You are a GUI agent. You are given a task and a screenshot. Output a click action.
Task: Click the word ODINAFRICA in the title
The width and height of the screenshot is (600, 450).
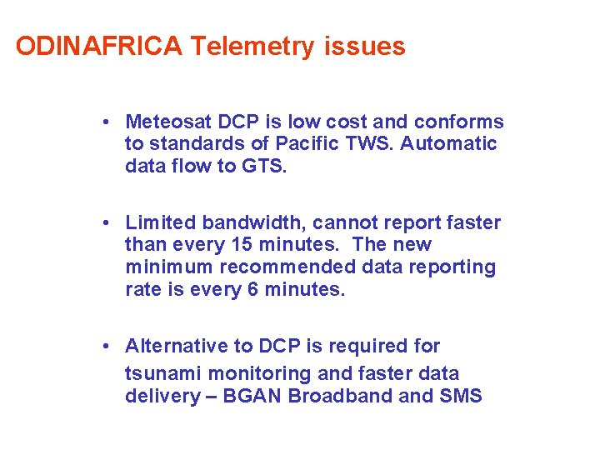98,47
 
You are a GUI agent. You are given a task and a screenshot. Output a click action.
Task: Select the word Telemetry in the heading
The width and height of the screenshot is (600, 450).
251,47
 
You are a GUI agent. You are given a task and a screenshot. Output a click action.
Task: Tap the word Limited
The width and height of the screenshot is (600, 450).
159,222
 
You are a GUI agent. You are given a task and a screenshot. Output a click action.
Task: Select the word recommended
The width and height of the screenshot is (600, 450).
308,267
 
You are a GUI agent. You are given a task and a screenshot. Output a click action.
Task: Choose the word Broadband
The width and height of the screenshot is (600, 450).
340,396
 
